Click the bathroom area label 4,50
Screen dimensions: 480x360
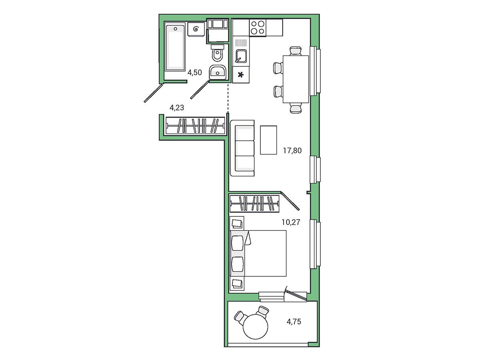[194, 72]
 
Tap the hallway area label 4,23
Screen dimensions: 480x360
[177, 108]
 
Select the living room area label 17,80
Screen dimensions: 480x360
[292, 150]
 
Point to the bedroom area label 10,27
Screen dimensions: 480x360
[291, 222]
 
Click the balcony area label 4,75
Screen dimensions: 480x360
[294, 322]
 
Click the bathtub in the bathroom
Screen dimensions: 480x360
[175, 48]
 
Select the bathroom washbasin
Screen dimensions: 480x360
[217, 72]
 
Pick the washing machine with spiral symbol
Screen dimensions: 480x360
[196, 29]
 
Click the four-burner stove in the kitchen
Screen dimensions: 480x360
[258, 27]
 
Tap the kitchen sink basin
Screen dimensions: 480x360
[241, 56]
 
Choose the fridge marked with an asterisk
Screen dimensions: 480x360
[241, 75]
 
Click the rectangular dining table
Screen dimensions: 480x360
[296, 79]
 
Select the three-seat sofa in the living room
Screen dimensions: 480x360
[242, 148]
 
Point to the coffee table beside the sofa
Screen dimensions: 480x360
[268, 140]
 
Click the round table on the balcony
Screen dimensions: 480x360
[256, 326]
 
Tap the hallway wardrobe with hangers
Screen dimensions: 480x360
[195, 126]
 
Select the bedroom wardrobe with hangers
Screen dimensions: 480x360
[254, 204]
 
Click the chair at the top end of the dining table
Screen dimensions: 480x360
[296, 51]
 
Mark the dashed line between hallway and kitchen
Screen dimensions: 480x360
[228, 98]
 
